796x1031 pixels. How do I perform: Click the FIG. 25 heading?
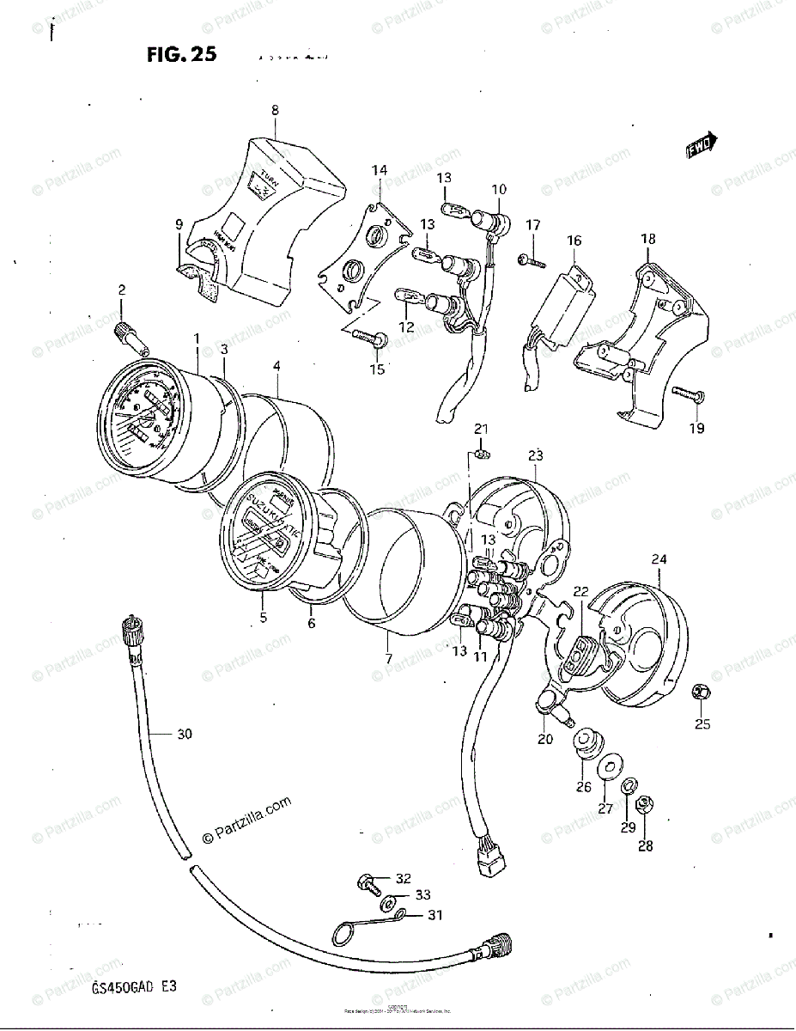click(x=180, y=56)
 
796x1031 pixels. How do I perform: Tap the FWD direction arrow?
click(x=702, y=146)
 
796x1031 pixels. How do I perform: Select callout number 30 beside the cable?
click(x=184, y=734)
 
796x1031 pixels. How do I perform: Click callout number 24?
click(x=659, y=559)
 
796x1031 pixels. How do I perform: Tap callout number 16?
click(x=574, y=241)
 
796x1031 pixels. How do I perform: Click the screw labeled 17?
click(x=530, y=259)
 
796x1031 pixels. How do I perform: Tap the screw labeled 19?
click(x=687, y=396)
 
